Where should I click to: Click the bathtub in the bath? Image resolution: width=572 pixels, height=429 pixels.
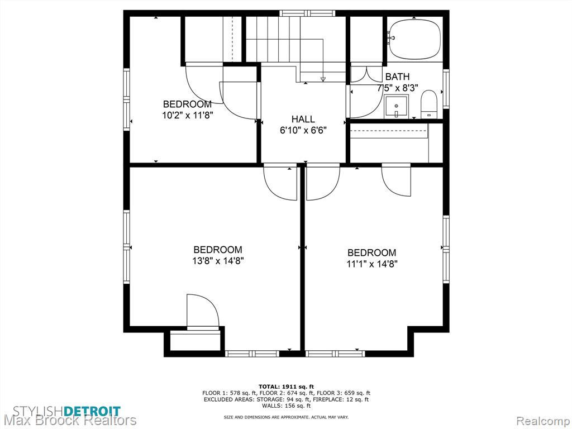pos(415,40)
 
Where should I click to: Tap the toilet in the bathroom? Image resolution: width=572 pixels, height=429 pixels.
pos(429,104)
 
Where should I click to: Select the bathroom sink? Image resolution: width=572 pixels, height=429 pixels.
pos(396,107)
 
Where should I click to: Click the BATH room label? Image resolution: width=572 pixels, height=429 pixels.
pos(397,77)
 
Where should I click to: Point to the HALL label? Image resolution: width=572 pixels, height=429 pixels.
pos(303,119)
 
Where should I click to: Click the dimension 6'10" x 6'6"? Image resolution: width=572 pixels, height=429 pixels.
pos(303,130)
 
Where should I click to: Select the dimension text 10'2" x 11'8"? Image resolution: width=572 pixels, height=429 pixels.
pos(188,115)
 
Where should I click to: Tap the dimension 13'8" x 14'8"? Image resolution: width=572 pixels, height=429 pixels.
pos(218,261)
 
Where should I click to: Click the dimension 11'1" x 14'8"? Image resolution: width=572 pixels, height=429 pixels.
pos(371,264)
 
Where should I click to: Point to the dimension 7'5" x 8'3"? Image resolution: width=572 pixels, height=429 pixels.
pos(397,88)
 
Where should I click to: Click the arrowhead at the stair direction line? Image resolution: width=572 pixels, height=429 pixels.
pos(323,79)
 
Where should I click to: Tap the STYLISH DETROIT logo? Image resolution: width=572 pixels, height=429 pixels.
pos(67,411)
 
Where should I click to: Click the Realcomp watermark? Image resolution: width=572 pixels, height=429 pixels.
pos(544,421)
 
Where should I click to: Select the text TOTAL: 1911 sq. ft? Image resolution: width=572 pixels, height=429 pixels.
pos(286,387)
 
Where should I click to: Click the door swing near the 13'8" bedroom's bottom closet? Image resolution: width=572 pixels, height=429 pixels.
pos(203,310)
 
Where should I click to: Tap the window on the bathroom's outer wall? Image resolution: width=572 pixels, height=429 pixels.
pos(446,89)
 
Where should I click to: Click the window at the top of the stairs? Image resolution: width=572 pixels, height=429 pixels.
pos(308,13)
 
